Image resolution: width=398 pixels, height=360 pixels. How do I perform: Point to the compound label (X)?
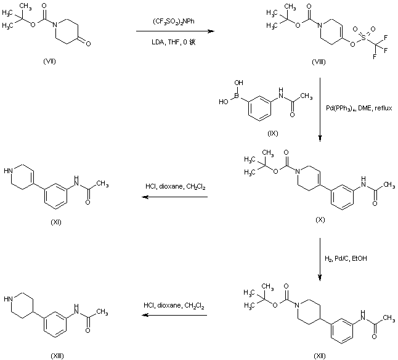tap(319, 219)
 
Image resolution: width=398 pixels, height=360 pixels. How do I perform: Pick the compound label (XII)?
tap(319, 356)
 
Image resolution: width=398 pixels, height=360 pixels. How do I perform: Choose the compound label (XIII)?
tap(57, 356)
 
